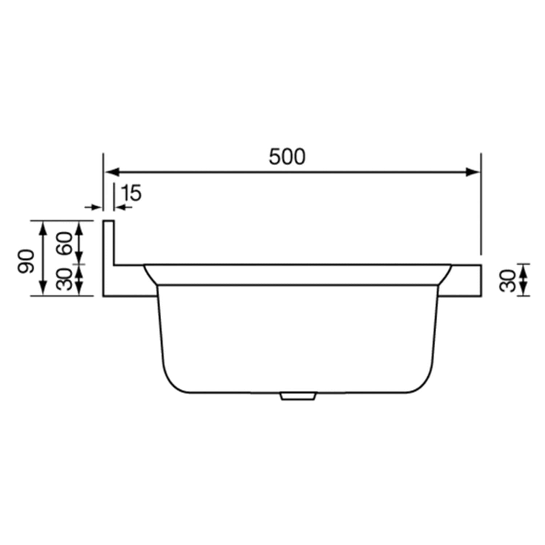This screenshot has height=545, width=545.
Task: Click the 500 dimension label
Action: [287, 157]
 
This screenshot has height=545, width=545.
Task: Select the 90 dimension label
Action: [26, 261]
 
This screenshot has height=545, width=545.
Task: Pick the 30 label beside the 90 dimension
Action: [65, 279]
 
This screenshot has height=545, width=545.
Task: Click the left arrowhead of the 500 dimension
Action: [110, 172]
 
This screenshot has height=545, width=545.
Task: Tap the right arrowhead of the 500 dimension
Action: [473, 172]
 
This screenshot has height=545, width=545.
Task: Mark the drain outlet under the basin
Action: [297, 396]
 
